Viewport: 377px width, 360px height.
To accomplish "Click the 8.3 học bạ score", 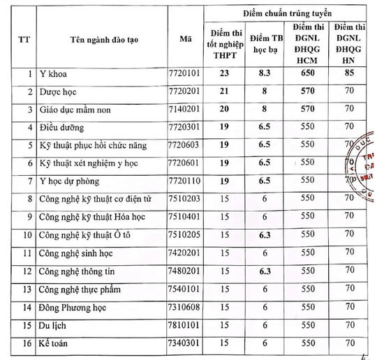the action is tap(263, 73).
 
